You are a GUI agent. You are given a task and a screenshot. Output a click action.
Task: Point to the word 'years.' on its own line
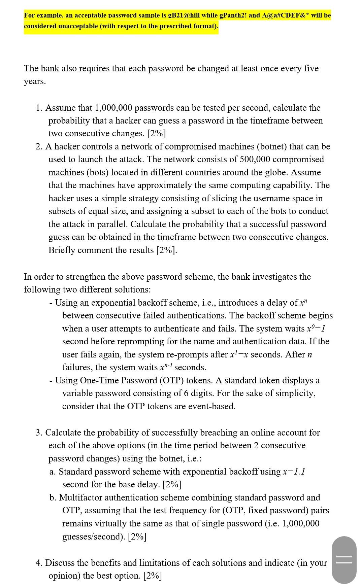[35, 81]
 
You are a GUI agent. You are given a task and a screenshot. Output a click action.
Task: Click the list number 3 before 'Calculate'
[39, 433]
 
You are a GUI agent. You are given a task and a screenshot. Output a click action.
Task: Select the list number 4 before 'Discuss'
[39, 563]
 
